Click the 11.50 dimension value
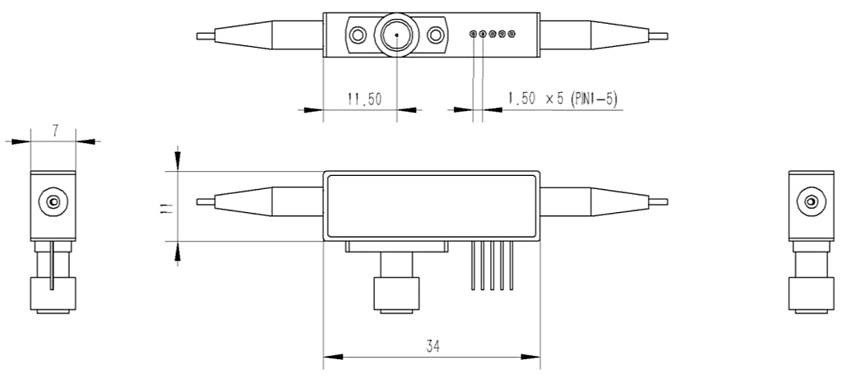[364, 99]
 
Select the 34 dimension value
[433, 346]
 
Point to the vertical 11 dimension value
[163, 207]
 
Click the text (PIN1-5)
[594, 99]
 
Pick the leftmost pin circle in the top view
[473, 34]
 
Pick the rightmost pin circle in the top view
[511, 34]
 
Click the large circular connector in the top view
[396, 35]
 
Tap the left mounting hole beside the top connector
[357, 35]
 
